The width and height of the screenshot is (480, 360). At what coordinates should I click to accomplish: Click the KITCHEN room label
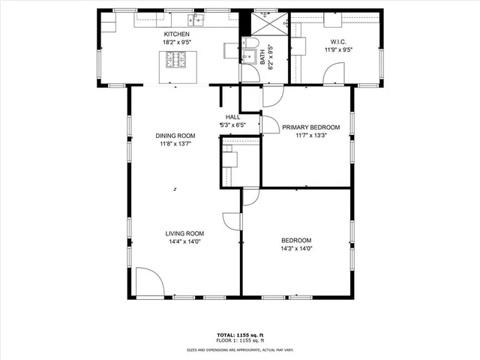click(x=177, y=34)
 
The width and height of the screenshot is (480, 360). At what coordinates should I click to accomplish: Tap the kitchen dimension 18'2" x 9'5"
click(x=177, y=42)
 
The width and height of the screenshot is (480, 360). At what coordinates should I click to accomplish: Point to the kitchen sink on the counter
click(x=198, y=18)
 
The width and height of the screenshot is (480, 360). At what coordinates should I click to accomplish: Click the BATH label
click(x=262, y=55)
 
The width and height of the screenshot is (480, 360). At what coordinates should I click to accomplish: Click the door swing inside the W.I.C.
click(x=335, y=74)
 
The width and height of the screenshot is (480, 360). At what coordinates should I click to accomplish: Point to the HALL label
click(x=232, y=117)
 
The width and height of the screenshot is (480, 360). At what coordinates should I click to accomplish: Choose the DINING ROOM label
click(x=175, y=136)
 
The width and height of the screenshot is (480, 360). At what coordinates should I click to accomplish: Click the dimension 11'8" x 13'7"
click(x=175, y=144)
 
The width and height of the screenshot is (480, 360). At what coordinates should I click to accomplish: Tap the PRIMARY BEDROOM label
click(x=311, y=127)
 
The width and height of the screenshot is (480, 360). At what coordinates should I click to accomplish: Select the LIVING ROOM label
click(x=184, y=233)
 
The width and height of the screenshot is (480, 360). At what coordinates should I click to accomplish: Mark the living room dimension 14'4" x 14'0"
click(x=184, y=242)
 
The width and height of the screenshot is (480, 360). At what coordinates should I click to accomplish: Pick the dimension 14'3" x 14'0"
click(x=296, y=248)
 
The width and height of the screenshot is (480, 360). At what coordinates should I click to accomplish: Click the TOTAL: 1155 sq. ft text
click(x=240, y=334)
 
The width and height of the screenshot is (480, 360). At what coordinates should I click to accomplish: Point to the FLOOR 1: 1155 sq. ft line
click(x=240, y=340)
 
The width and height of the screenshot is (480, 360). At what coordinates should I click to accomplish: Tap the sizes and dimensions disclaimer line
click(x=240, y=349)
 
